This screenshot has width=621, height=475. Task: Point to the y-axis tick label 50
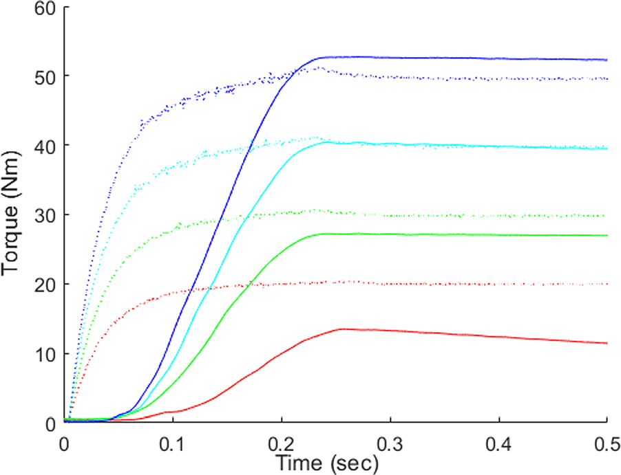point(47,76)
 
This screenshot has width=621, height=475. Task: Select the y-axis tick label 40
point(47,145)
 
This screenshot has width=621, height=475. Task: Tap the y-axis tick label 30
point(47,214)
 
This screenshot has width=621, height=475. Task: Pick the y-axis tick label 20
point(47,284)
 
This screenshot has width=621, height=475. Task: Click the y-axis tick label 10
point(47,353)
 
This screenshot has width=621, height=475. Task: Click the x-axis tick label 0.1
point(173,440)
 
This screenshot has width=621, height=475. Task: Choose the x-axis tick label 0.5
point(604,440)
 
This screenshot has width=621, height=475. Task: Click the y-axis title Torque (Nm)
point(12,214)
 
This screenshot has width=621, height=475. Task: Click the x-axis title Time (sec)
point(327,463)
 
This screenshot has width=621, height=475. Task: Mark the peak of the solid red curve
point(342,329)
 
